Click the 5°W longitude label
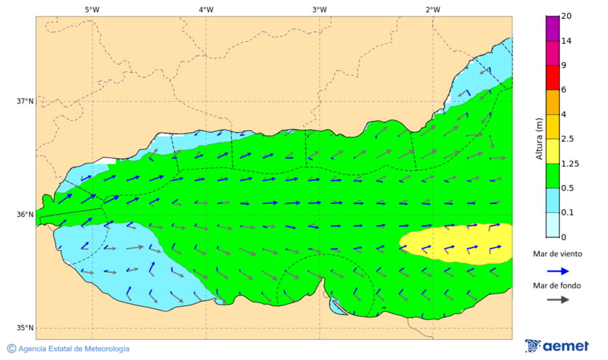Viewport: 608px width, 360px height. (92, 9)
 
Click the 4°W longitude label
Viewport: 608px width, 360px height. (206, 9)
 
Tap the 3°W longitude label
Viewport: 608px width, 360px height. (320, 9)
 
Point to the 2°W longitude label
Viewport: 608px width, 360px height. (433, 9)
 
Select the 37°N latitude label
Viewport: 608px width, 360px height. (25, 101)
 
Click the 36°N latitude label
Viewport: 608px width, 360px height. (25, 215)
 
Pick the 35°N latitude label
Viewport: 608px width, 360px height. (25, 328)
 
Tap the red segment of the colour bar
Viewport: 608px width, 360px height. (553, 77)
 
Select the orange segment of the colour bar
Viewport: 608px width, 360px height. (553, 102)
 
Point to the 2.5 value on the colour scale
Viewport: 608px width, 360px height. (567, 139)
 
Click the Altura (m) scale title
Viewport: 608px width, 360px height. (539, 138)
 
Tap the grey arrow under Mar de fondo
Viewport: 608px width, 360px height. (557, 300)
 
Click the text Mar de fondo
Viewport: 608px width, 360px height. (557, 286)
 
